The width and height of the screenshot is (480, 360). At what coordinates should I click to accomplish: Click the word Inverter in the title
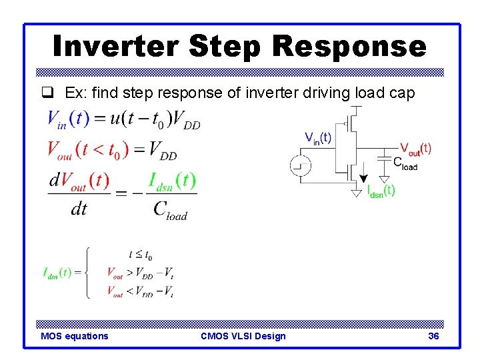pos(116,46)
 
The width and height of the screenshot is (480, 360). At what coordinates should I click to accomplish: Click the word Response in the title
pos(349,46)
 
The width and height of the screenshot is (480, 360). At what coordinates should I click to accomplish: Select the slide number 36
pos(433,336)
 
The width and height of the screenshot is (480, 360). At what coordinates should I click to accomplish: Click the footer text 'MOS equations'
pos(74,336)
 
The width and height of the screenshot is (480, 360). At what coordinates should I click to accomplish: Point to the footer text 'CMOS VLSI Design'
pos(243,336)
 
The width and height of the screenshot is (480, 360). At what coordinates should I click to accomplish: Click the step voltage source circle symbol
pos(299,165)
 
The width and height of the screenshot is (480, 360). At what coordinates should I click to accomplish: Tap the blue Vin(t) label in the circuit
pos(318,138)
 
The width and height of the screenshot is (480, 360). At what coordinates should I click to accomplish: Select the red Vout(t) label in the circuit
pos(415,148)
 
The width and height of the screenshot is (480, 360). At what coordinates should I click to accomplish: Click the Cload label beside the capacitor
pos(405,163)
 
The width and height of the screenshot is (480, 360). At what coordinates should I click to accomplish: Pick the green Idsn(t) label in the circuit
pos(381,191)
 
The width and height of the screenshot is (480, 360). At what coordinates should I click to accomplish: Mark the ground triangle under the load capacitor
pos(384,178)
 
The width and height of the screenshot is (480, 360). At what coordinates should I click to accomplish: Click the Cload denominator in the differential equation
pos(170,209)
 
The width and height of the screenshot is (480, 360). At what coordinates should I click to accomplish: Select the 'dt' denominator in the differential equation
pos(79,209)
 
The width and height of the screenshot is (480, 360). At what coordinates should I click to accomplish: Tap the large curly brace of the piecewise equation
pos(87,272)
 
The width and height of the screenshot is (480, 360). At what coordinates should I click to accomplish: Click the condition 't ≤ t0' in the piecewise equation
pos(140,255)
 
